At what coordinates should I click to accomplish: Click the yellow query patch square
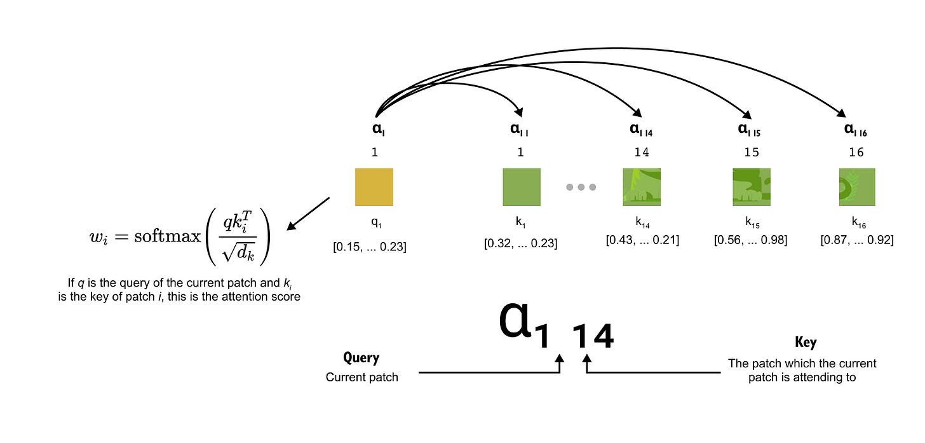[x=374, y=187]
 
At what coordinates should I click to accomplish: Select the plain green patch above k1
[x=521, y=187]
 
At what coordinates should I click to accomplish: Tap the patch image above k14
[x=642, y=187]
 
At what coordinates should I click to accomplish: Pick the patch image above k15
[x=751, y=187]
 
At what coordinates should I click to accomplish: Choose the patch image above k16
[x=856, y=187]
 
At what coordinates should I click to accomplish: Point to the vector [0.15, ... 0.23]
[x=369, y=247]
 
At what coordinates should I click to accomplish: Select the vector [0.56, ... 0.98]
[x=750, y=240]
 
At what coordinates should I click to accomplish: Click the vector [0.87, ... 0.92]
[x=857, y=240]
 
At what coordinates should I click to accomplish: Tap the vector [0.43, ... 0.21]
[x=642, y=240]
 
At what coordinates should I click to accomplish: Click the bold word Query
[x=361, y=358]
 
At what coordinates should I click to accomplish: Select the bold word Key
[x=806, y=343]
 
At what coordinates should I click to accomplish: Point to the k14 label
[x=641, y=223]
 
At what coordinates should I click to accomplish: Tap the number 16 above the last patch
[x=856, y=153]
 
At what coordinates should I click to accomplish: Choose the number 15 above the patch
[x=751, y=153]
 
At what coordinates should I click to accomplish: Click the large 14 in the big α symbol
[x=593, y=336]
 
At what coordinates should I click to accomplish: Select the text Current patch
[x=361, y=377]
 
